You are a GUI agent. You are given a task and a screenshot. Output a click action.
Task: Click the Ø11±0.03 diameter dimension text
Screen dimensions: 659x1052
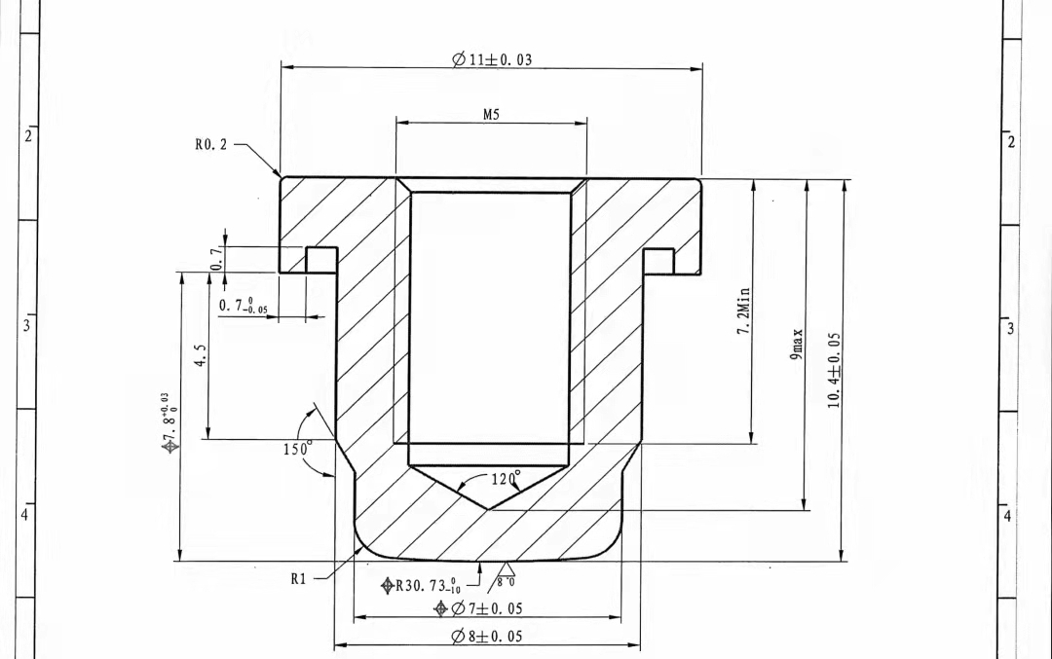(492, 59)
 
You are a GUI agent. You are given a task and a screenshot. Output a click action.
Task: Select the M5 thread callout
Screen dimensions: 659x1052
(491, 114)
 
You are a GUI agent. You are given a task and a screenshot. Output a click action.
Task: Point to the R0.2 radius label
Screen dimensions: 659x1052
(210, 145)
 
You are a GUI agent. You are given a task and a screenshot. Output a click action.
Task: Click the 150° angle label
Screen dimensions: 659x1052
(297, 449)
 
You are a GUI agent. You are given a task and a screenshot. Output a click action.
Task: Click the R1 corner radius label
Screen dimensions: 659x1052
(298, 578)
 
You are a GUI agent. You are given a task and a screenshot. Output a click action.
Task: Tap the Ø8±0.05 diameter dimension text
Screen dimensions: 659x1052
(486, 637)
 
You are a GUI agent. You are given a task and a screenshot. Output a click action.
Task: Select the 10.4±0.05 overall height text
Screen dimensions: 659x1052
(834, 370)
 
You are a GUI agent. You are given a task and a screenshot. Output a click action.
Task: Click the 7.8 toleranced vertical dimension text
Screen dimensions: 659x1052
(169, 423)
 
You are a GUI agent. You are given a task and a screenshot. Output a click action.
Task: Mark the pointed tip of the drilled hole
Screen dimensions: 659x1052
(487, 508)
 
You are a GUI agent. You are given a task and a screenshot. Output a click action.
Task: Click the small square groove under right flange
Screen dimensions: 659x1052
(658, 260)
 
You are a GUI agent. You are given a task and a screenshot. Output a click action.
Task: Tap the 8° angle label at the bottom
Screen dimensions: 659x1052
(506, 581)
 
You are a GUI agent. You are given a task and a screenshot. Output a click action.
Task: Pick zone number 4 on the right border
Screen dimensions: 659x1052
(1008, 515)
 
